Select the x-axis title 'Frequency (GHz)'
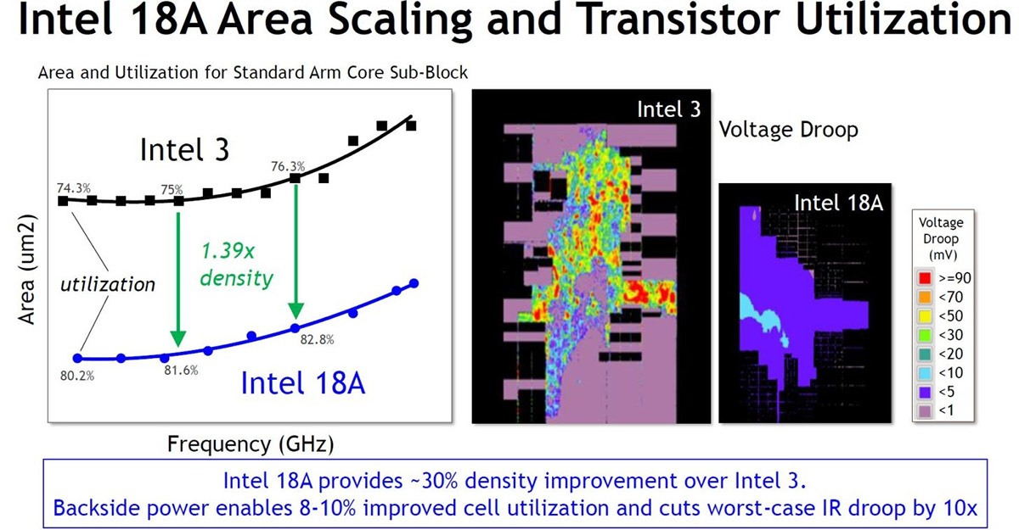(251, 443)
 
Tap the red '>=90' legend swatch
(924, 276)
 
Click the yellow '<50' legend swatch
(924, 315)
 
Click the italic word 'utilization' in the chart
(108, 284)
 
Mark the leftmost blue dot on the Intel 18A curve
(78, 358)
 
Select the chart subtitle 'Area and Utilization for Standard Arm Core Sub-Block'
(253, 73)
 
